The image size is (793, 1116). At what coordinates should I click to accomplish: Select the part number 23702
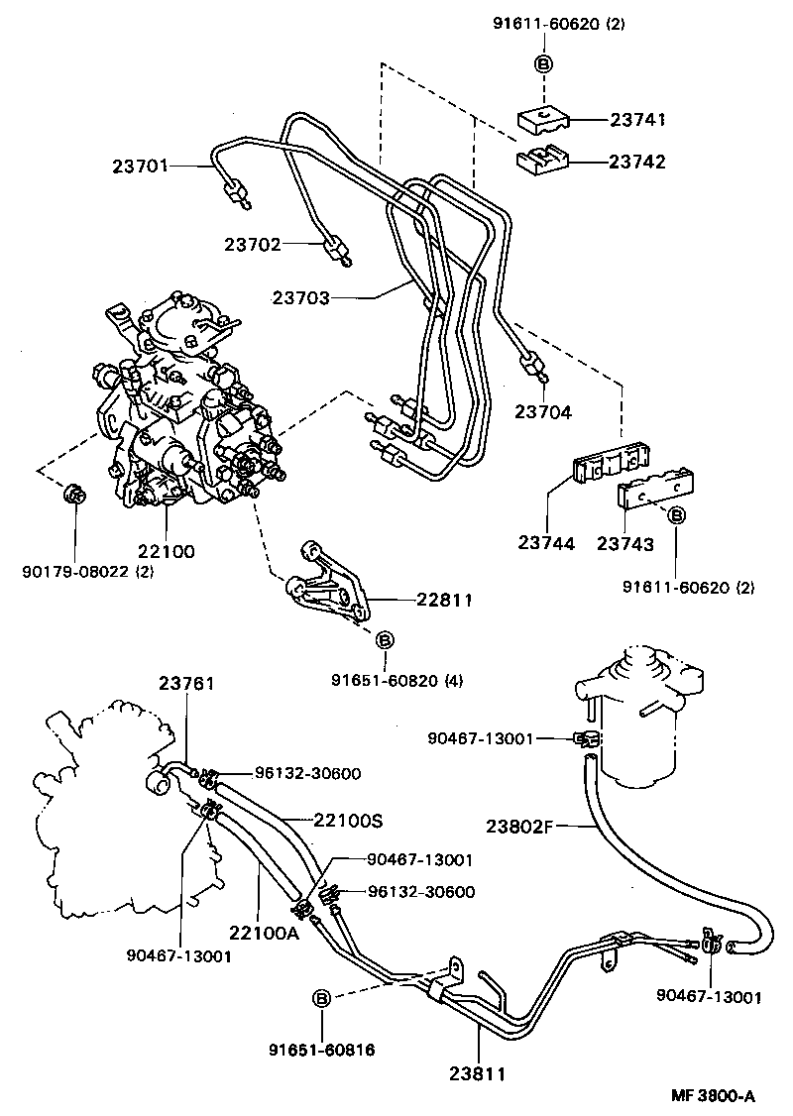pos(253,244)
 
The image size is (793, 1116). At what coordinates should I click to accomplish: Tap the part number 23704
pos(543,410)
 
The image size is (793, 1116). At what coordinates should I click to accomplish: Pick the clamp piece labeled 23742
pos(540,159)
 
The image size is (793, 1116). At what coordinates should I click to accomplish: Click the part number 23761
pos(187,683)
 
